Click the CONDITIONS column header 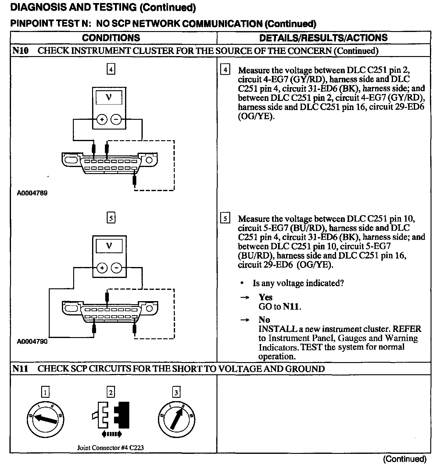pos(111,38)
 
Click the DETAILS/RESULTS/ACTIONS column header pos(323,38)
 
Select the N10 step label pos(20,51)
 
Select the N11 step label pos(20,369)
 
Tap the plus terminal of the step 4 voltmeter pos(102,119)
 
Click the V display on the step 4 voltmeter pos(109,98)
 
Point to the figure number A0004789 pos(32,193)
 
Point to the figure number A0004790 pos(32,341)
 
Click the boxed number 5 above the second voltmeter pos(111,218)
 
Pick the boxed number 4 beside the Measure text pos(225,70)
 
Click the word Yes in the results pos(265,297)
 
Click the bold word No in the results pos(264,320)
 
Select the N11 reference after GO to pos(292,306)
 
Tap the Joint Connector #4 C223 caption pos(110,447)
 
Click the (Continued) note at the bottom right pos(404,459)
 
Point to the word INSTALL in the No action pos(277,329)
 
